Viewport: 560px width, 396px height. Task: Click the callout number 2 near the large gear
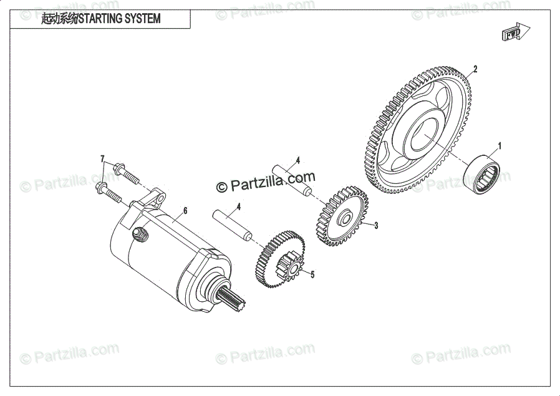[475, 69]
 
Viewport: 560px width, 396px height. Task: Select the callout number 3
[376, 226]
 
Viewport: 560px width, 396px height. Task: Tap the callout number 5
[312, 274]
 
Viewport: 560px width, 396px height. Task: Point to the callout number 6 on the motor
[185, 210]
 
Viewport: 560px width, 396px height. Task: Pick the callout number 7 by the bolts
[103, 159]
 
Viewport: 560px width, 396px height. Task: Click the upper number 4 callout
[298, 160]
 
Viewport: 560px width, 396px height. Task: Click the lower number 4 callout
[238, 206]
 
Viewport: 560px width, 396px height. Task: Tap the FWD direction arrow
[516, 32]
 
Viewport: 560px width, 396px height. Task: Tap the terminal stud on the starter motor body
[142, 234]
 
